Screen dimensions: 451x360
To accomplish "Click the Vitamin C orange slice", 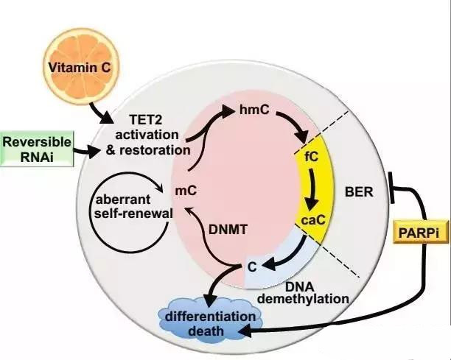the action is [80, 66].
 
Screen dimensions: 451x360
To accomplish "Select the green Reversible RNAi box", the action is [37, 149].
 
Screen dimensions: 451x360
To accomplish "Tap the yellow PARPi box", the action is [421, 233].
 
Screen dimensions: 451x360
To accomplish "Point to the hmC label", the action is [254, 109].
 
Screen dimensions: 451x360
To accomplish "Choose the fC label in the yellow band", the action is [312, 157].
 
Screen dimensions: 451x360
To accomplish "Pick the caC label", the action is [313, 220].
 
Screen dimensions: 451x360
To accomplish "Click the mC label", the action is [186, 191].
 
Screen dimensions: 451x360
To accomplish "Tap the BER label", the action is [359, 192].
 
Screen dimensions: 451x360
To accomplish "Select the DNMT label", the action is [228, 229].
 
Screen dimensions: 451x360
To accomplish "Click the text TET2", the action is [146, 119].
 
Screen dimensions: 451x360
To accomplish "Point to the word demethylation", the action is [303, 299].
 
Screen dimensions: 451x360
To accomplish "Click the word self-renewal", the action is [133, 213].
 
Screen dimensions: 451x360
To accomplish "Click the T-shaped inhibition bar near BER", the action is [391, 188].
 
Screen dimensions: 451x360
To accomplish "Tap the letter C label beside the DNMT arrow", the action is [252, 267].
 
